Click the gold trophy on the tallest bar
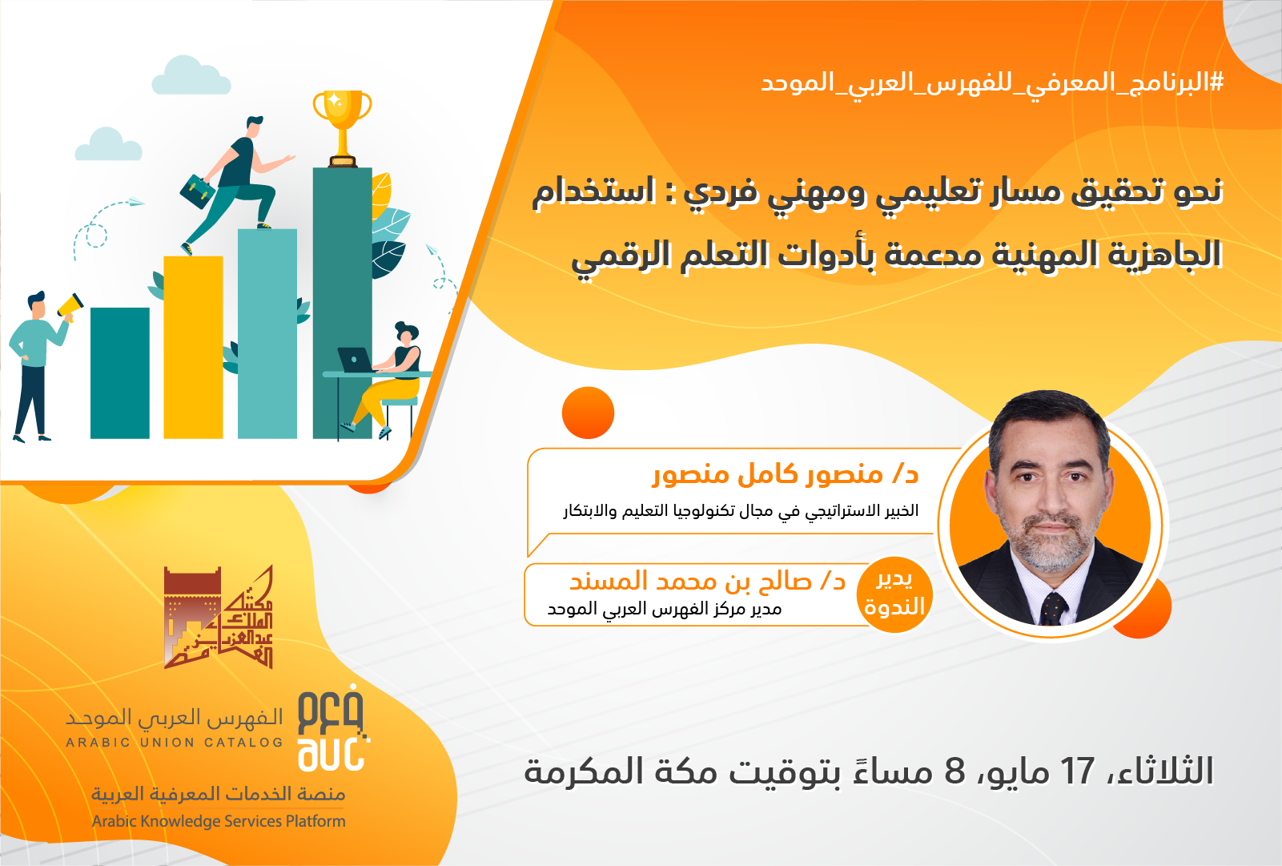pyautogui.click(x=342, y=129)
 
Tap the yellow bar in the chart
pyautogui.click(x=193, y=347)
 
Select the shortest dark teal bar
pyautogui.click(x=119, y=373)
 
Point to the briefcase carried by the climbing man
pyautogui.click(x=198, y=191)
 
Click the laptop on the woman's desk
pyautogui.click(x=355, y=360)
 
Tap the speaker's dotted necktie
pyautogui.click(x=1053, y=608)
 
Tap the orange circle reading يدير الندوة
pyautogui.click(x=894, y=594)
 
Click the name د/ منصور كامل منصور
pyautogui.click(x=786, y=475)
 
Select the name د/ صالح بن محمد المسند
pyautogui.click(x=707, y=581)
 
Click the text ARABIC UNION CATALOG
pyautogui.click(x=175, y=743)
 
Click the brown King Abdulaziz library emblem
pyautogui.click(x=218, y=617)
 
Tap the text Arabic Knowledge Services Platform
pyautogui.click(x=219, y=821)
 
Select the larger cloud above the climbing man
pyautogui.click(x=191, y=75)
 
